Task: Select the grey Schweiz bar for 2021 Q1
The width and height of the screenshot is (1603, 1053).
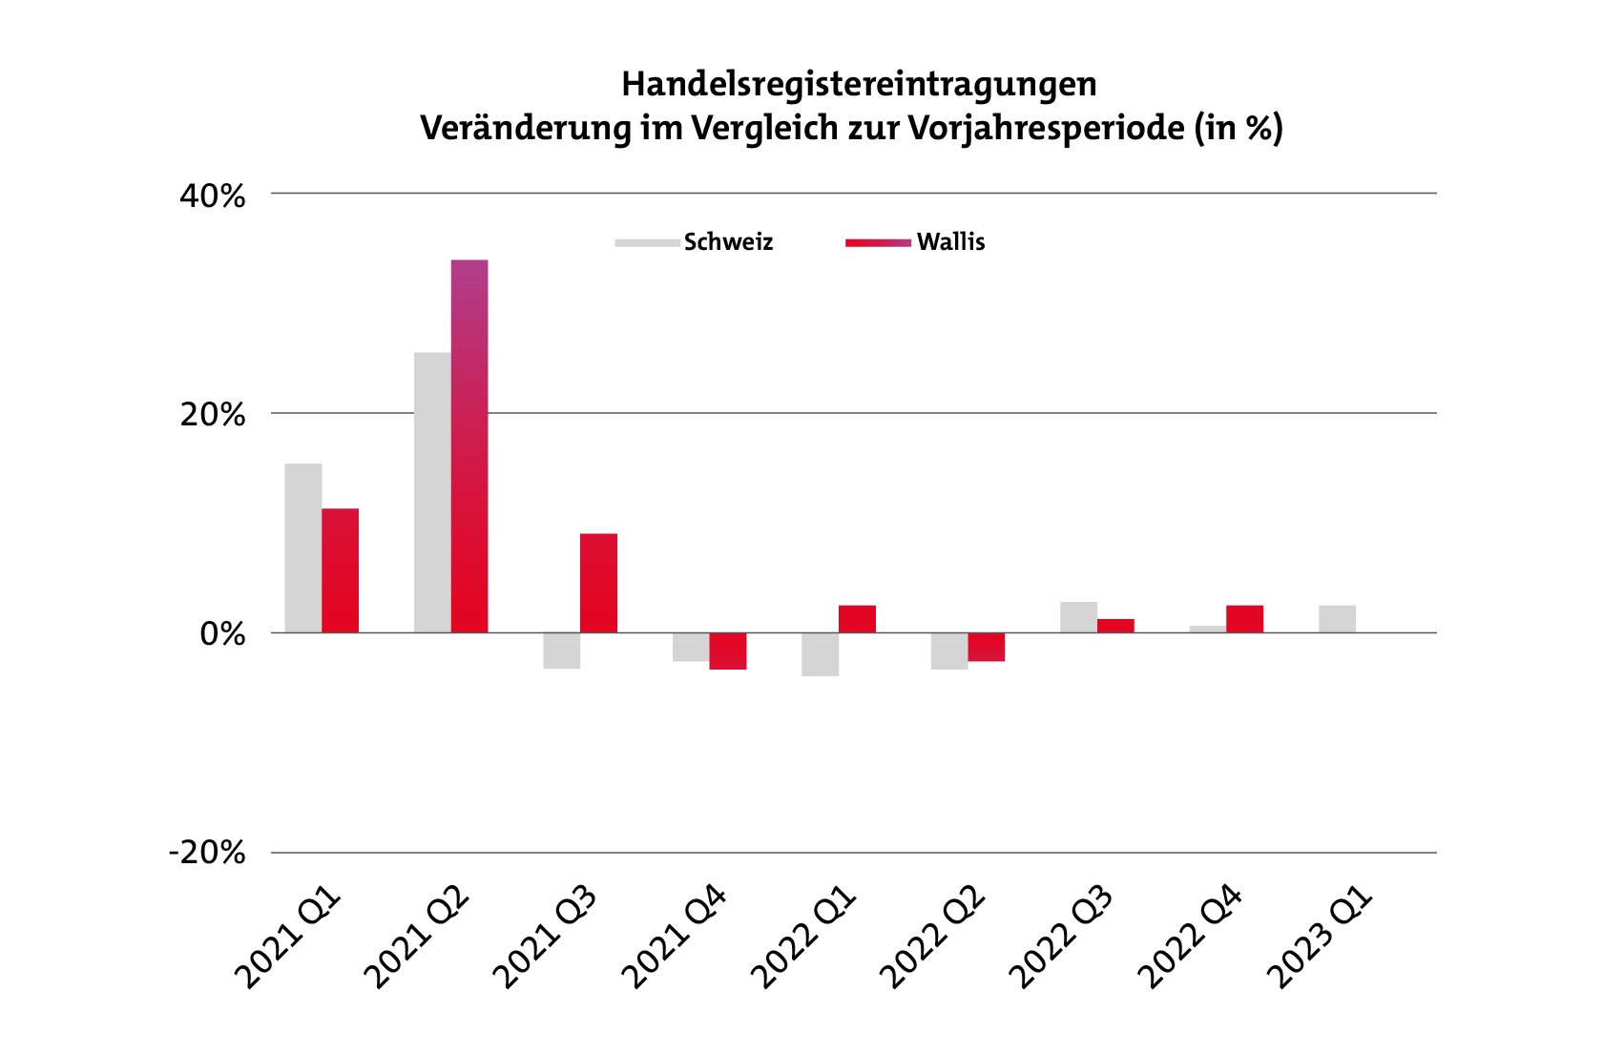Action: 303,547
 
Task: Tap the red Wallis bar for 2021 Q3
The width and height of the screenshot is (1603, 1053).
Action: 598,583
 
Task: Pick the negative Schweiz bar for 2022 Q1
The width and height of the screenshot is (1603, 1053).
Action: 820,654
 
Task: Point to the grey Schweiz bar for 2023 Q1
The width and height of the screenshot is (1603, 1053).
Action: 1337,619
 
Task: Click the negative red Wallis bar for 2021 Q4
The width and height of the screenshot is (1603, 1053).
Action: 728,651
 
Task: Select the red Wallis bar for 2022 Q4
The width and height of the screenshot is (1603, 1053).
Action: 1244,619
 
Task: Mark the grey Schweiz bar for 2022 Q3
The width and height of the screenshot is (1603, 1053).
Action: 1078,617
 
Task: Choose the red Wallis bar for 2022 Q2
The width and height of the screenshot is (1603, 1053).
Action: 987,647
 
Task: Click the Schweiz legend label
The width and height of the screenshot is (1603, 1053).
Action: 728,242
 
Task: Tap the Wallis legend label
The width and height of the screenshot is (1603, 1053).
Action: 950,242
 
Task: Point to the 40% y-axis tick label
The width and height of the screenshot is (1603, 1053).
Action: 212,196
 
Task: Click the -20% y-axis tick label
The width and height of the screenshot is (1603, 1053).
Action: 207,853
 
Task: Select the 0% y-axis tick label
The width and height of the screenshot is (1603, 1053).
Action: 221,634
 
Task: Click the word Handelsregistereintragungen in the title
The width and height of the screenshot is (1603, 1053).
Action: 859,85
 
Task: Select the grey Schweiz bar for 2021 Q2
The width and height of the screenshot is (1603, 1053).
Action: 432,492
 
